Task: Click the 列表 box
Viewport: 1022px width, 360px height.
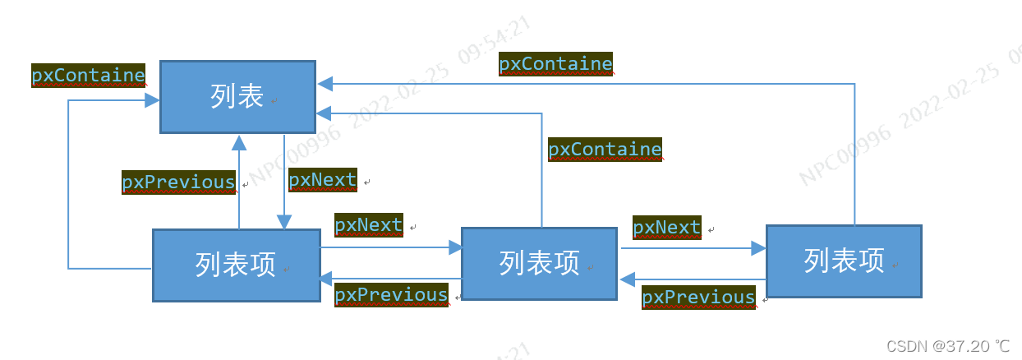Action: [x=237, y=96]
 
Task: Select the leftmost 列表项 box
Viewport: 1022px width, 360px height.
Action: [x=237, y=265]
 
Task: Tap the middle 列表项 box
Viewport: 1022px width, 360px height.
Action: [x=539, y=263]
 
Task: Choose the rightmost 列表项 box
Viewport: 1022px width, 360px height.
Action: [x=844, y=261]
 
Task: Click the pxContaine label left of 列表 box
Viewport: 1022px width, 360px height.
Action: [x=88, y=76]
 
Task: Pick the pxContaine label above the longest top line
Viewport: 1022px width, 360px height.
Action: [x=555, y=64]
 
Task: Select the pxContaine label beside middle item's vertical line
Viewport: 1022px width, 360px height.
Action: [x=605, y=150]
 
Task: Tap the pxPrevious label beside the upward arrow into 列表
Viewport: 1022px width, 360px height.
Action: [x=178, y=182]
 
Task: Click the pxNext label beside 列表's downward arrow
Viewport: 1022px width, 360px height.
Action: [x=323, y=180]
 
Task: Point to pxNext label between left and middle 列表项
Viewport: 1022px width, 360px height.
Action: [x=369, y=225]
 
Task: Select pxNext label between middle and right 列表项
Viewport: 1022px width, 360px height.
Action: [x=666, y=228]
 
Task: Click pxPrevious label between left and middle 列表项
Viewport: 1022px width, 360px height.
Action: [x=391, y=295]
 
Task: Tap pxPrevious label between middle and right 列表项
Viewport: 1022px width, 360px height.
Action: [x=697, y=298]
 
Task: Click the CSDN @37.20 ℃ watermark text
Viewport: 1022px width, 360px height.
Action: [x=948, y=346]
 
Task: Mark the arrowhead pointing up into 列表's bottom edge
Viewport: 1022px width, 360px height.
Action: [x=239, y=143]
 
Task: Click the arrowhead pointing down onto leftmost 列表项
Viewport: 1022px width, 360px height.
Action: [x=284, y=222]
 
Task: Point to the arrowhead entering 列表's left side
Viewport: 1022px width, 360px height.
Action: [x=153, y=100]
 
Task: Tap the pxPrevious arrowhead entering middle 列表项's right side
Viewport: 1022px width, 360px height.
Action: [x=626, y=279]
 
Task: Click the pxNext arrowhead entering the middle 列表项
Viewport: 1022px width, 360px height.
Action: [x=454, y=247]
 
